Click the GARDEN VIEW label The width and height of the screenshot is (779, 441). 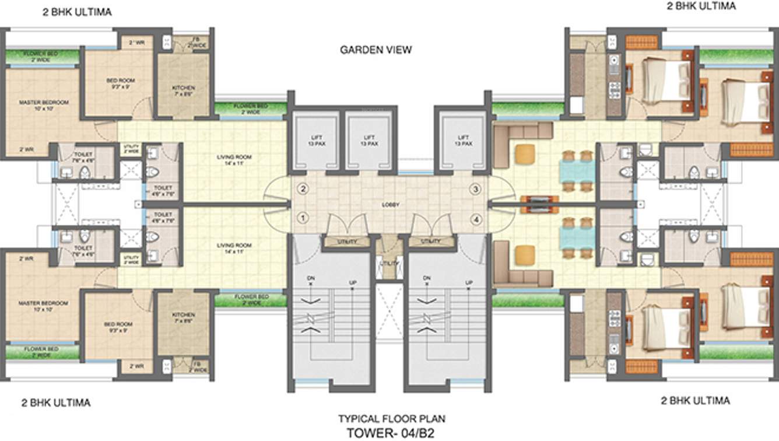click(376, 50)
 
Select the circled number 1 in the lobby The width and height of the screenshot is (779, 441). click(303, 218)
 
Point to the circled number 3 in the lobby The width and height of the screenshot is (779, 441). click(476, 189)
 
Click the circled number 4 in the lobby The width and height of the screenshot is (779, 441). click(476, 219)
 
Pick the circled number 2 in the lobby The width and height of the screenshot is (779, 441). click(303, 188)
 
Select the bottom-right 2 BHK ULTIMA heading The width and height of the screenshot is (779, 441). click(695, 401)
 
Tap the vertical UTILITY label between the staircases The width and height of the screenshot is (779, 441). click(389, 263)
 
